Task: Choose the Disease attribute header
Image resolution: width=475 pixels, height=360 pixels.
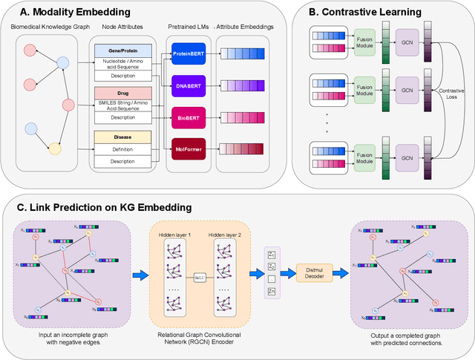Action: [122, 137]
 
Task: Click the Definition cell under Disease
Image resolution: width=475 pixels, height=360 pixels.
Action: [122, 150]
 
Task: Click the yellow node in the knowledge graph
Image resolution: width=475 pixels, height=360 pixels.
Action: [54, 148]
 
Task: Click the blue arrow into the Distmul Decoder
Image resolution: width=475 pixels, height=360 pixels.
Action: [283, 272]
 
